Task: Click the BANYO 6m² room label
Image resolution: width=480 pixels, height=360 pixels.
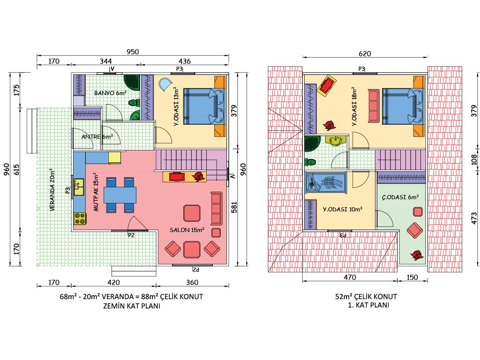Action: click(110, 93)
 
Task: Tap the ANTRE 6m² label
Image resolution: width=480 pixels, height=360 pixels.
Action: click(97, 136)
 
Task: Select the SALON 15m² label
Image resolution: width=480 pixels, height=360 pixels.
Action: click(187, 230)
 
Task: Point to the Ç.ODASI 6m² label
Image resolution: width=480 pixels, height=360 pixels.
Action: click(400, 197)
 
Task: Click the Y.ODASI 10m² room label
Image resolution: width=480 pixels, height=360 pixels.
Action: click(343, 210)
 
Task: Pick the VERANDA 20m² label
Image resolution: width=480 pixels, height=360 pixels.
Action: click(52, 189)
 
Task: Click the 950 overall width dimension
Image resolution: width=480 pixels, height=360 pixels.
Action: click(133, 52)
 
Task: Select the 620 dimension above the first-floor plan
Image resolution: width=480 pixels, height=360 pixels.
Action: click(365, 54)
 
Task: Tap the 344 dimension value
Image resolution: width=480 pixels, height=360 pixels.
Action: click(106, 61)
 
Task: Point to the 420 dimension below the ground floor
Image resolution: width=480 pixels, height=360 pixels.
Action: click(113, 282)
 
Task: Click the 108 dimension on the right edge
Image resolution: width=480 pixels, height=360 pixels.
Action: click(474, 159)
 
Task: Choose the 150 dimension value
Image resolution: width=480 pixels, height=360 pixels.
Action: click(412, 277)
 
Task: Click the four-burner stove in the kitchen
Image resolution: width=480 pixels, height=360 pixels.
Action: click(80, 219)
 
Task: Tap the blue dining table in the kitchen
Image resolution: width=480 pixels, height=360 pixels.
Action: click(120, 195)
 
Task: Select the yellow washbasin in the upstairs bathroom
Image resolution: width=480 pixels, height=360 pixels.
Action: click(336, 141)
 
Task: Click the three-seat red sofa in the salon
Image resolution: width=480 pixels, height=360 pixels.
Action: click(217, 209)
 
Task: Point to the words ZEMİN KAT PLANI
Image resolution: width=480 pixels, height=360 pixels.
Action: click(132, 306)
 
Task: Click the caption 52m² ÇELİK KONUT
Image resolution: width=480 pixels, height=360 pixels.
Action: click(366, 297)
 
